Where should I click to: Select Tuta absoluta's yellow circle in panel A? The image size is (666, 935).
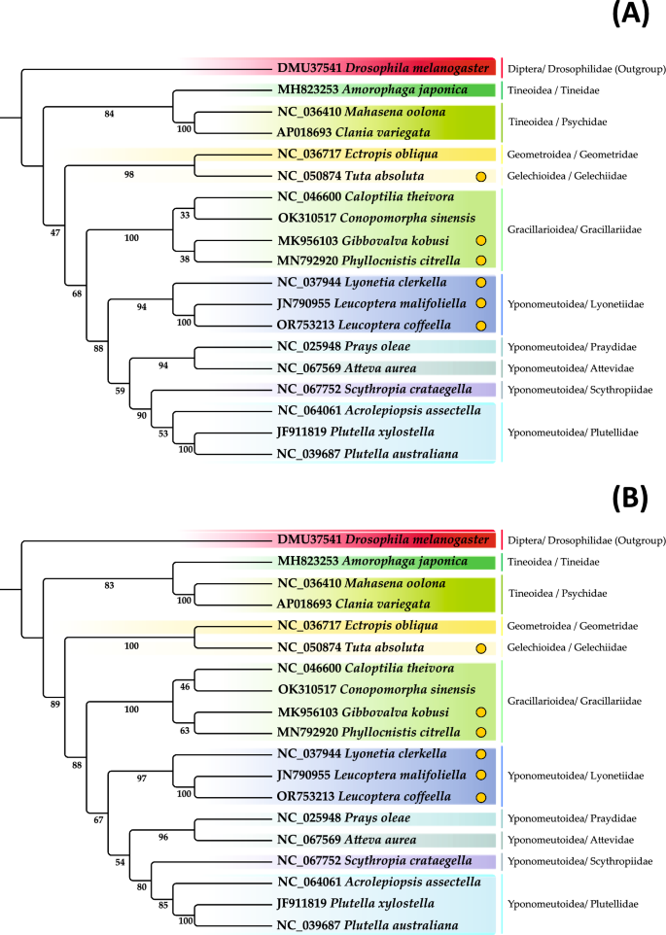479,176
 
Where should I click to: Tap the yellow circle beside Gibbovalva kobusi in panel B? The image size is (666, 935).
479,712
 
